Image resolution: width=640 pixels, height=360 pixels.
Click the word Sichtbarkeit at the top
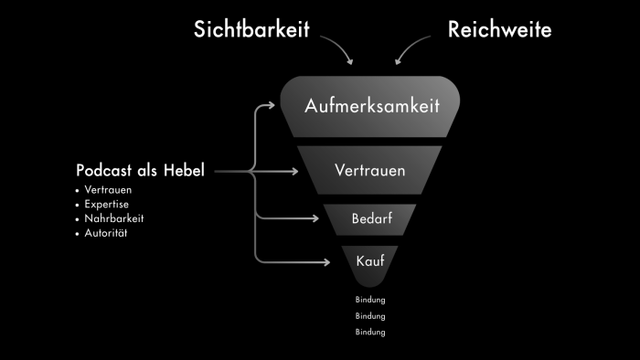[x=251, y=29]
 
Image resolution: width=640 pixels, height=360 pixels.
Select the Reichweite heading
[x=499, y=29]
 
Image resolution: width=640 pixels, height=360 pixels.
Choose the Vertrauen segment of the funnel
[x=370, y=170]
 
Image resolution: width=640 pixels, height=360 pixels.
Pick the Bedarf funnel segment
[x=370, y=219]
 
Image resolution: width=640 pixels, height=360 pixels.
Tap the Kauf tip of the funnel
[x=370, y=261]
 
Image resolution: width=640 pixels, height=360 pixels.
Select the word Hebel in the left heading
[x=185, y=170]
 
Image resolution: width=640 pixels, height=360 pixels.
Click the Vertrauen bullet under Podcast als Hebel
[x=108, y=190]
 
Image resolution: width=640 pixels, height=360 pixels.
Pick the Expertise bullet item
[x=108, y=204]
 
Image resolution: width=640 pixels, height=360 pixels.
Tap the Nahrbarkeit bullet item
[x=113, y=218]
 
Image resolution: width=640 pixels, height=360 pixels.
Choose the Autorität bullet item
[x=108, y=233]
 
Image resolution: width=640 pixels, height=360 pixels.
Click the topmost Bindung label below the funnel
[x=370, y=300]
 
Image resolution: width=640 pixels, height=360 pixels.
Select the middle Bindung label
[x=370, y=315]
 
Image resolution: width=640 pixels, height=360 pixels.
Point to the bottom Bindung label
[x=370, y=332]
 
